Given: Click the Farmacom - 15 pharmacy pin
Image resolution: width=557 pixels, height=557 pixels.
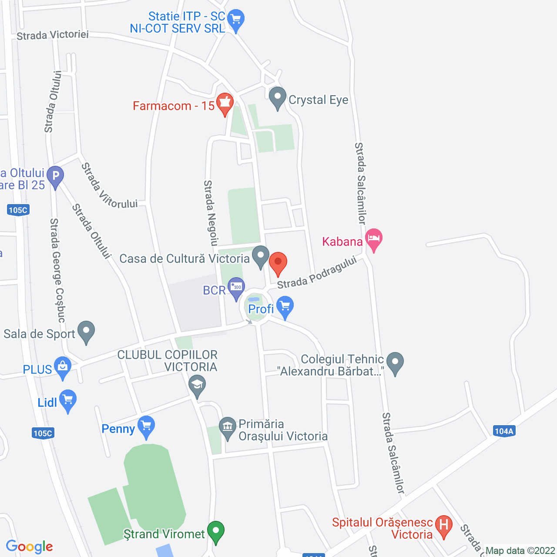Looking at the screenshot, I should (225, 104).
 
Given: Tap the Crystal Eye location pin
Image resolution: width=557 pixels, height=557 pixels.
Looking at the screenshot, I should (277, 98).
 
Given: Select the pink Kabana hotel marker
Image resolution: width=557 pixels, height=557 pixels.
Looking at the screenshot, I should (374, 239).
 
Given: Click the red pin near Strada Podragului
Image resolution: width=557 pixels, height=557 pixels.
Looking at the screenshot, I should (278, 263).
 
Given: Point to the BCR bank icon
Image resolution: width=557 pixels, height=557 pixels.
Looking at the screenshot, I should (236, 288).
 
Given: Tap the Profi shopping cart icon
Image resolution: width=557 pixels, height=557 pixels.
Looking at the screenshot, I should (285, 307).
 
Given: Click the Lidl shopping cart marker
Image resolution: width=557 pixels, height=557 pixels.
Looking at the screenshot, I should (68, 400).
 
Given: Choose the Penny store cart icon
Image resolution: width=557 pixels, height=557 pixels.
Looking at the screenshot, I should (146, 427).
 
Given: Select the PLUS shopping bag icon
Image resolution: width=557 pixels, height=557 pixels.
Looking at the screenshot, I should (63, 368).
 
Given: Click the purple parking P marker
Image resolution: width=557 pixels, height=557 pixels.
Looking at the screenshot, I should (55, 177).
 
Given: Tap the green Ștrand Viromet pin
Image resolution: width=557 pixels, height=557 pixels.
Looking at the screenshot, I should (215, 532).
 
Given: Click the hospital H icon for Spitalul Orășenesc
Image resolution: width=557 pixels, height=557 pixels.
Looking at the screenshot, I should (444, 526).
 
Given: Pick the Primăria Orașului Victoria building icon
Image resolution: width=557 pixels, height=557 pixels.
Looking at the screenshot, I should (227, 428).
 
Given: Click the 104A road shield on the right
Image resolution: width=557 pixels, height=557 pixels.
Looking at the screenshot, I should (504, 431).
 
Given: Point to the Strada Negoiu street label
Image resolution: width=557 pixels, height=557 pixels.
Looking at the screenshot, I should (211, 213).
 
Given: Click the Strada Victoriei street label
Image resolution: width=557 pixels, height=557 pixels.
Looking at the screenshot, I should (53, 35).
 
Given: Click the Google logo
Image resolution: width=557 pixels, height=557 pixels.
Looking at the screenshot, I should (30, 547).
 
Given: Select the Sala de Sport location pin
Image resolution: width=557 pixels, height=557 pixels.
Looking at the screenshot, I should (86, 332).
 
